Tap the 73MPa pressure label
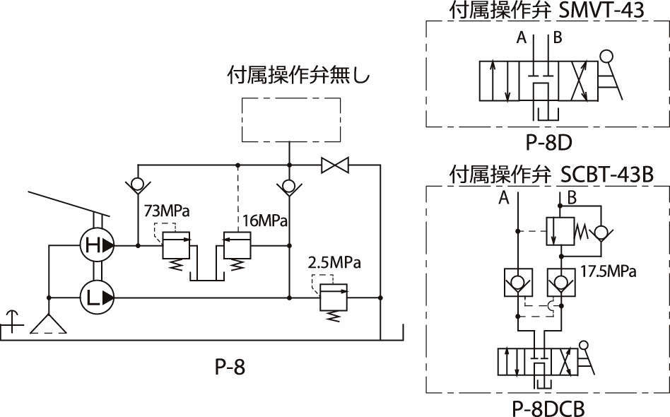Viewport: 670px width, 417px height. click(x=167, y=211)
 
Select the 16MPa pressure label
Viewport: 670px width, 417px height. click(x=265, y=221)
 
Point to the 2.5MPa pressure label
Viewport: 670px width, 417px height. click(x=334, y=262)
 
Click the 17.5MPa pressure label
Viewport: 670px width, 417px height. click(x=608, y=271)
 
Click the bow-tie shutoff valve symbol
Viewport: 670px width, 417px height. click(x=335, y=165)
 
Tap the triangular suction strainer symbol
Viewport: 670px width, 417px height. click(x=48, y=324)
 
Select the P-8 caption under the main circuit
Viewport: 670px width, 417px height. click(x=230, y=367)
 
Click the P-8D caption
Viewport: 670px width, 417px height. click(x=548, y=143)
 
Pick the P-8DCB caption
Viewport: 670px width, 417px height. click(x=548, y=409)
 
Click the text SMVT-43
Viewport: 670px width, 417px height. click(x=601, y=11)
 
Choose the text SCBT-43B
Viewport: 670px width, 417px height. click(x=607, y=175)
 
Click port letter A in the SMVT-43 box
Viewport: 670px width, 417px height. click(x=522, y=37)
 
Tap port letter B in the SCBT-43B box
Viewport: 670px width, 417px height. click(x=572, y=197)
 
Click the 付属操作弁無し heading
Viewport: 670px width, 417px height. click(x=298, y=75)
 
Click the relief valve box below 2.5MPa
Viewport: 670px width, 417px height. click(x=334, y=297)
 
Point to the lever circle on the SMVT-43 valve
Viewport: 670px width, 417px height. click(x=606, y=56)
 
